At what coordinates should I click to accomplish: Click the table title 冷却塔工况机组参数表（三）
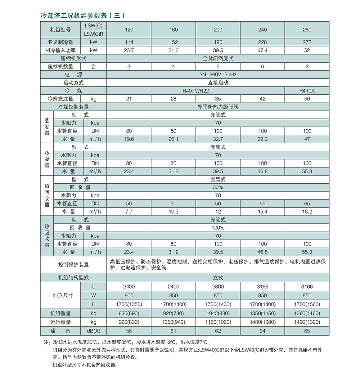(83, 15)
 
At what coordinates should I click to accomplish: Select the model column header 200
(218, 30)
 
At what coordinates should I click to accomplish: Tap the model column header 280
(307, 30)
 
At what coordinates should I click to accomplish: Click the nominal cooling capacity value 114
(129, 42)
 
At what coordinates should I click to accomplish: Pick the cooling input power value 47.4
(262, 50)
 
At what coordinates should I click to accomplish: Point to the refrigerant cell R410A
(307, 91)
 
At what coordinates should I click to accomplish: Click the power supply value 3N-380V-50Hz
(218, 75)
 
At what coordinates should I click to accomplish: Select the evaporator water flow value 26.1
(174, 139)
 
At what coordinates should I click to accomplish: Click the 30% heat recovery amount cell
(218, 187)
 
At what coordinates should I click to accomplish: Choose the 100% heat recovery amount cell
(218, 228)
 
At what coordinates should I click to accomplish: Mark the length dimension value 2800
(218, 287)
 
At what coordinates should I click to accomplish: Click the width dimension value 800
(129, 295)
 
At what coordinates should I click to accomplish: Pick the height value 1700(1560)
(307, 304)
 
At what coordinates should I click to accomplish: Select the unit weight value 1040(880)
(218, 313)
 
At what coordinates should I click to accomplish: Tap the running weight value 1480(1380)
(262, 322)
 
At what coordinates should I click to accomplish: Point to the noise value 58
(129, 331)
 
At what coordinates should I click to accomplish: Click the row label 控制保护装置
(73, 265)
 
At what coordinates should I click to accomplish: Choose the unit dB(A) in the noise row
(94, 331)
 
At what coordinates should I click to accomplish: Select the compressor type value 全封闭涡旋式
(218, 58)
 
